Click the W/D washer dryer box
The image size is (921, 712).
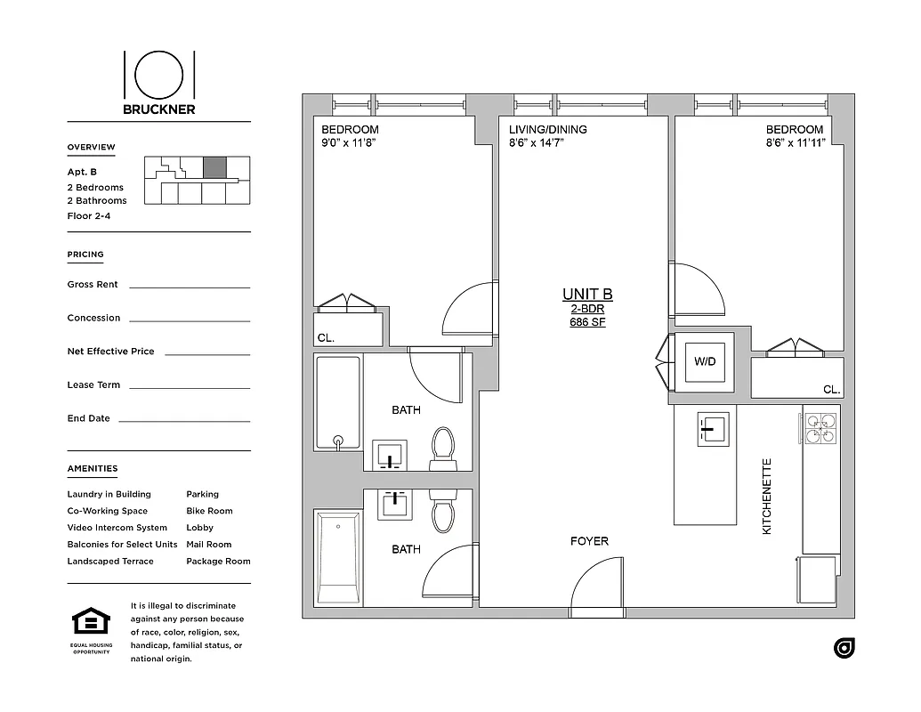[704, 362]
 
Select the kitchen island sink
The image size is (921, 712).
[710, 430]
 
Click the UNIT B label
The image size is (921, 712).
[587, 295]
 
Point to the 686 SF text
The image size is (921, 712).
[587, 322]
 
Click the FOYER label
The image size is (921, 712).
[589, 541]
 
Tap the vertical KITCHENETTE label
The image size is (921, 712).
[767, 496]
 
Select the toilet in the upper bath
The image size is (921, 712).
[442, 446]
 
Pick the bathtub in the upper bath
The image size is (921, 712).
[338, 402]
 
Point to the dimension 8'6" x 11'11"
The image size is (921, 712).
[796, 142]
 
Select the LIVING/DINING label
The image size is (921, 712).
[548, 130]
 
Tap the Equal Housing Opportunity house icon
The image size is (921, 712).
[91, 621]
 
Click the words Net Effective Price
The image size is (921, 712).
[110, 352]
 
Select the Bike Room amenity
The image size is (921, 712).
[209, 511]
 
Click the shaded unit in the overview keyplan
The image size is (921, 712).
[214, 167]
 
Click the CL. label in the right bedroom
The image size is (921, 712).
[831, 390]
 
